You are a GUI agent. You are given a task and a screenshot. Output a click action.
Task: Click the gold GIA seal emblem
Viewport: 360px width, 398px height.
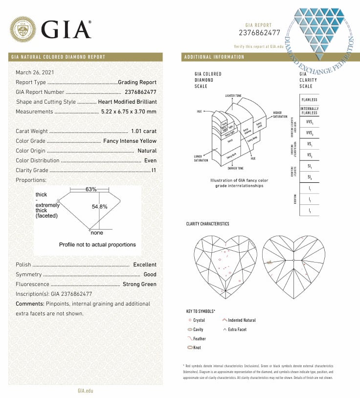[23, 29]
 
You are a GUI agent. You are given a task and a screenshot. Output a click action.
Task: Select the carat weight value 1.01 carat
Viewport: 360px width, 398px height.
[144, 131]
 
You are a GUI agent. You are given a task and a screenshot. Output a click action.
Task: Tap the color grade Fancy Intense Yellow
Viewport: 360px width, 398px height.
[130, 141]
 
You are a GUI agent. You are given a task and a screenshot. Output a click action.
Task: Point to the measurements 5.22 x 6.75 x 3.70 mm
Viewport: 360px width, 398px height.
[129, 111]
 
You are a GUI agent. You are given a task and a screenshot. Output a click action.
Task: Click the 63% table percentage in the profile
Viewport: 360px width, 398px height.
[91, 189]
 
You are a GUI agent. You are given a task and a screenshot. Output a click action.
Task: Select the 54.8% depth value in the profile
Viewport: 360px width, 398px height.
[99, 206]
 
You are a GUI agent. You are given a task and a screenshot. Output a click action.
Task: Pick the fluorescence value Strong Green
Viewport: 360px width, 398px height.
[139, 284]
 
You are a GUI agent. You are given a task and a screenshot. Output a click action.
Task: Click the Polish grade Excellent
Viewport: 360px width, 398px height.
[145, 265]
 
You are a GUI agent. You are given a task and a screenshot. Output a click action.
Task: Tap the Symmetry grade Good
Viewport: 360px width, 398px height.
[150, 274]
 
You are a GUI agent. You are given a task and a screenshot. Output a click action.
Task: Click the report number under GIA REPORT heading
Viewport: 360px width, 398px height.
[259, 33]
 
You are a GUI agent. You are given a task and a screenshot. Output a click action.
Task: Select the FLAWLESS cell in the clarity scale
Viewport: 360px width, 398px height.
[309, 100]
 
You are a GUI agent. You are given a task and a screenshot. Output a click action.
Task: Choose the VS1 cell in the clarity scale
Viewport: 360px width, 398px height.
[309, 145]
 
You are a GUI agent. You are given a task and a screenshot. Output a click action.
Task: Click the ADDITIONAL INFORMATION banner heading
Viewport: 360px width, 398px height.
[214, 57]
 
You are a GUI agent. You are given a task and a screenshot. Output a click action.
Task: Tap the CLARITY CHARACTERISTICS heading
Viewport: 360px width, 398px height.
[207, 224]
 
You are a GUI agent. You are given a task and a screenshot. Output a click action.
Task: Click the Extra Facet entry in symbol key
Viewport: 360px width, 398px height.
[237, 330]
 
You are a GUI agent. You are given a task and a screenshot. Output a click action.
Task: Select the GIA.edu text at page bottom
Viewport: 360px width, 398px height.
[85, 391]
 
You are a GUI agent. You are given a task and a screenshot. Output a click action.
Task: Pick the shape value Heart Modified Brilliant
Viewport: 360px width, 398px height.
[127, 102]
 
